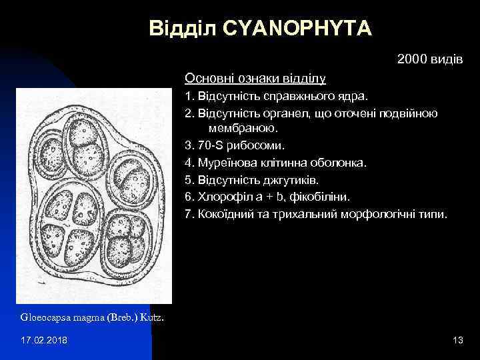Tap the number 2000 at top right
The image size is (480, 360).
pos(412,60)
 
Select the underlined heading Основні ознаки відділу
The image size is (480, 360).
pos(255,79)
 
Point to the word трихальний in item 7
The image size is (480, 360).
pos(304,215)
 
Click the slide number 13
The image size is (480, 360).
pos(457,341)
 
